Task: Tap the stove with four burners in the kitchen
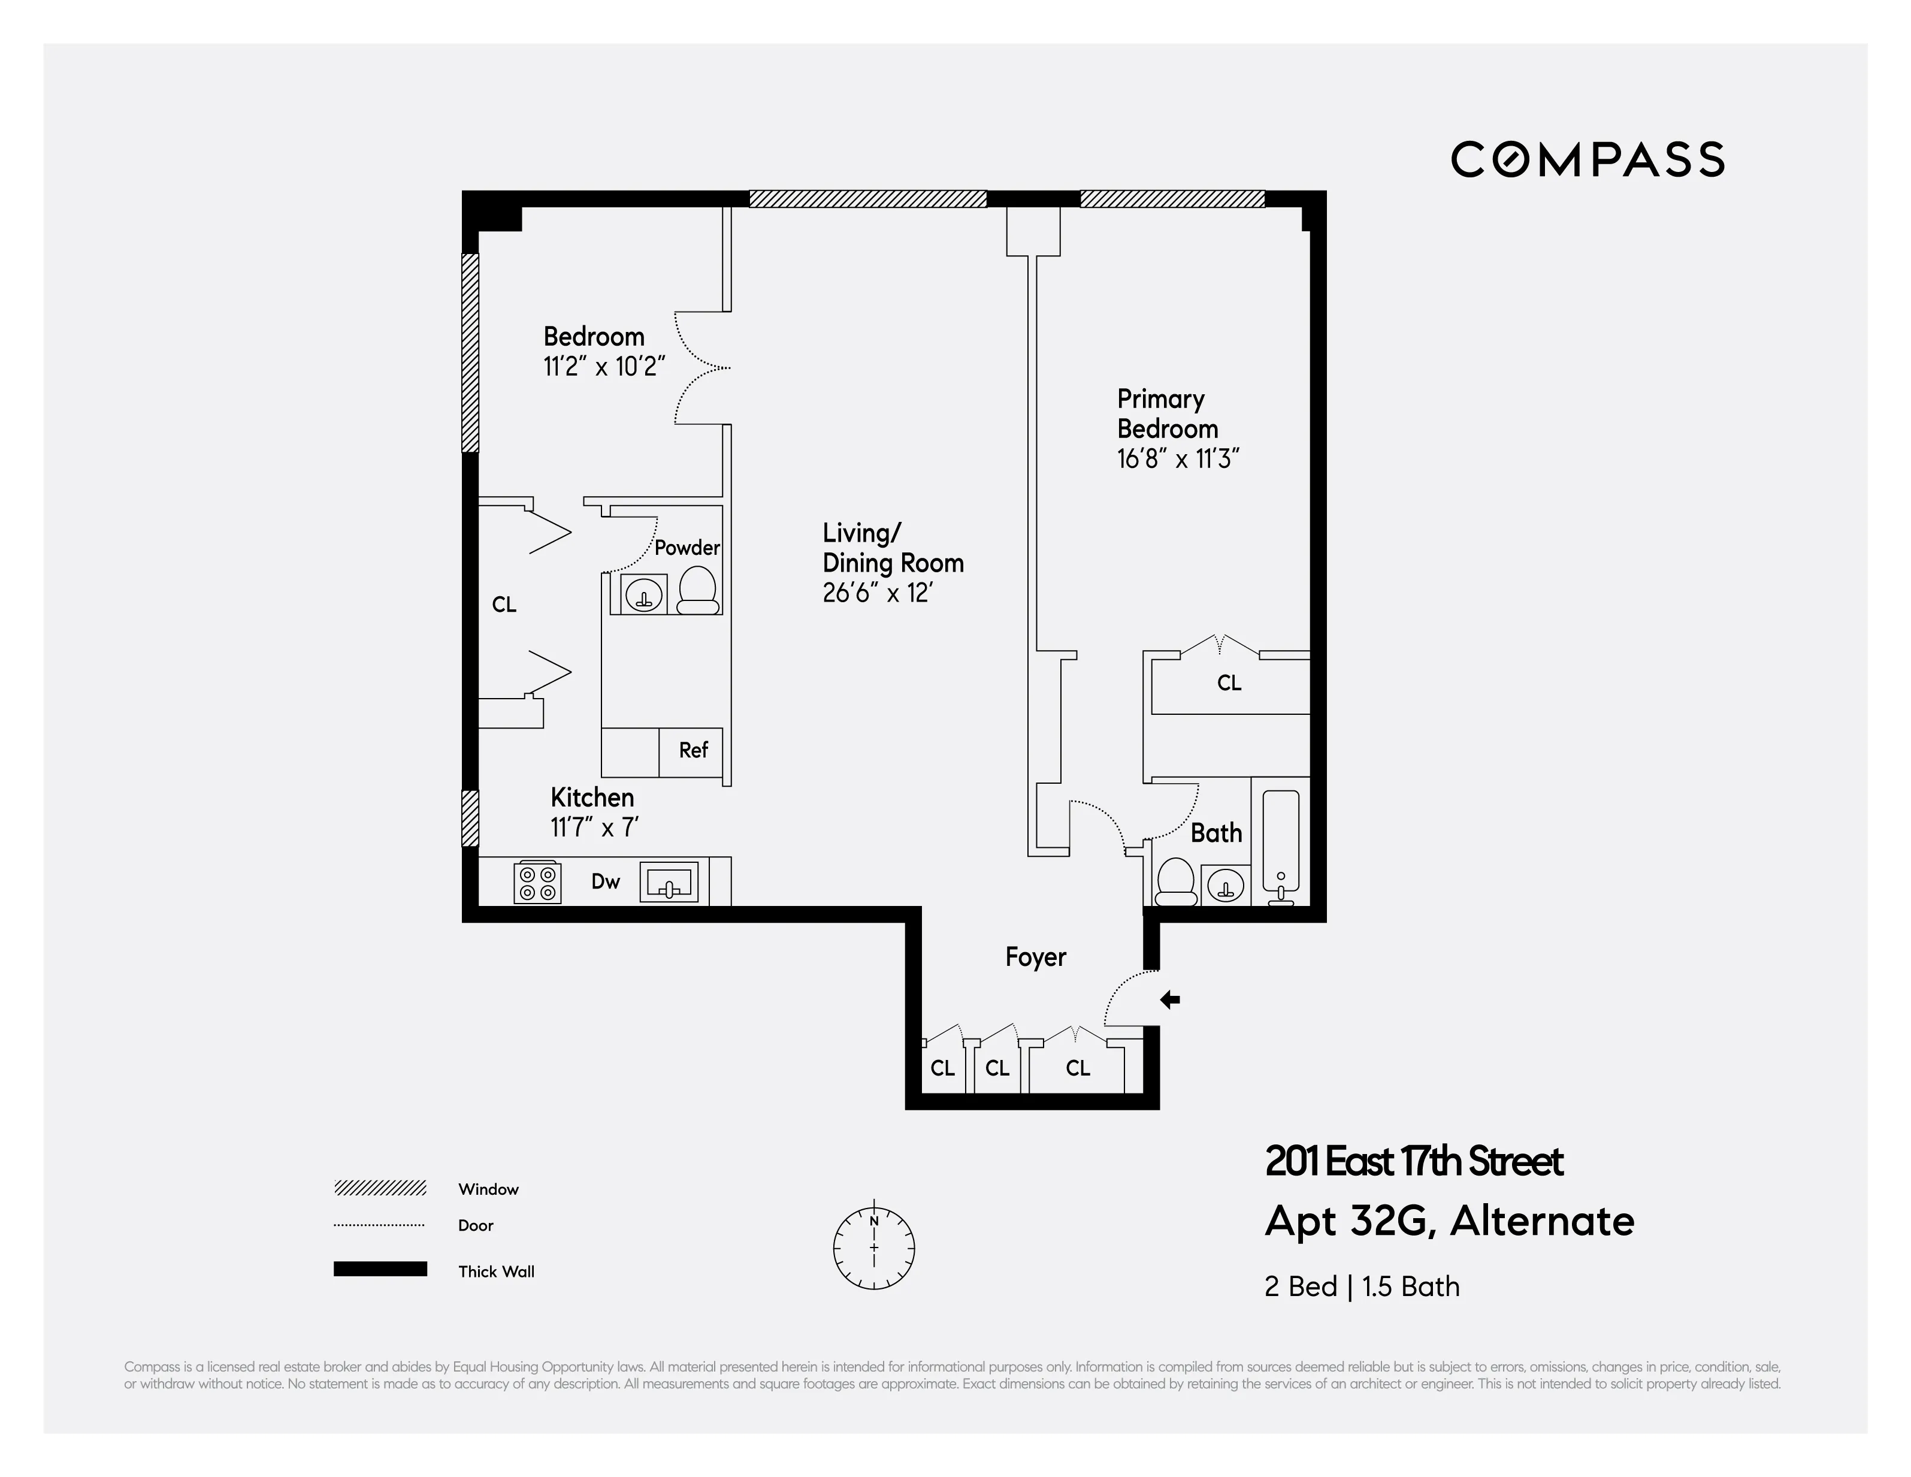tap(537, 882)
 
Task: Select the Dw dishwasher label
tap(606, 881)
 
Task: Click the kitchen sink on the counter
tap(669, 882)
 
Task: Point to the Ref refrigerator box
tap(691, 751)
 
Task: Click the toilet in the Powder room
tap(697, 591)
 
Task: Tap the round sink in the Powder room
tap(644, 595)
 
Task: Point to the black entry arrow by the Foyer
tap(1170, 999)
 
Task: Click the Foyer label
tap(1035, 958)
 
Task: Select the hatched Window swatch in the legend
tap(380, 1188)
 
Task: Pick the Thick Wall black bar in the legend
tap(380, 1270)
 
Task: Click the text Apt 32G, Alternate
tap(1449, 1222)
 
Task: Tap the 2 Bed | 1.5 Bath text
tap(1362, 1287)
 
